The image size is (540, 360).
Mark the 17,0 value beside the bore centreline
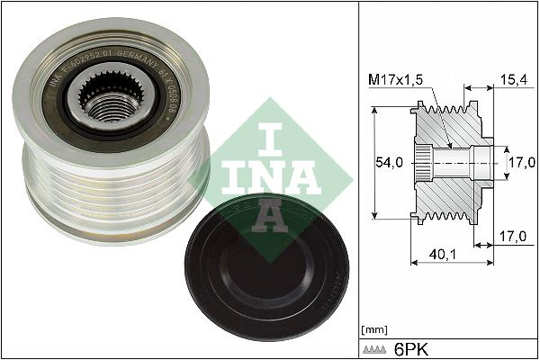click(517, 162)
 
